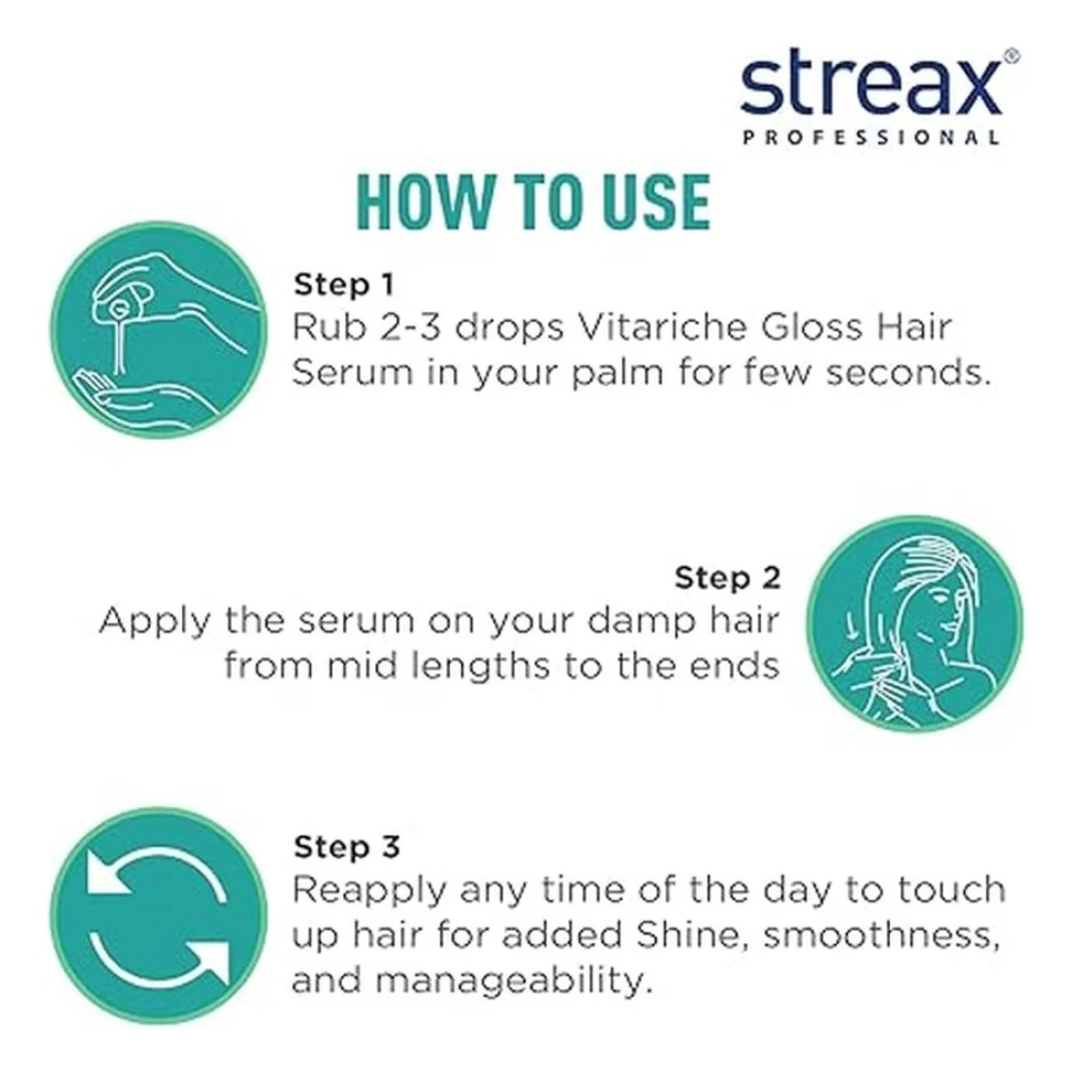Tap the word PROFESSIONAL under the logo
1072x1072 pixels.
[x=871, y=137]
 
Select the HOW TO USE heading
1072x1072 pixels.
[x=533, y=202]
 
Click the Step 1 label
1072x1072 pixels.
[x=344, y=285]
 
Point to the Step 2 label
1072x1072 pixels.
[x=727, y=578]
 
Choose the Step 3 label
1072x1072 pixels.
[x=347, y=847]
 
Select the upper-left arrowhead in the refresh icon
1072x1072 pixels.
[x=107, y=871]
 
